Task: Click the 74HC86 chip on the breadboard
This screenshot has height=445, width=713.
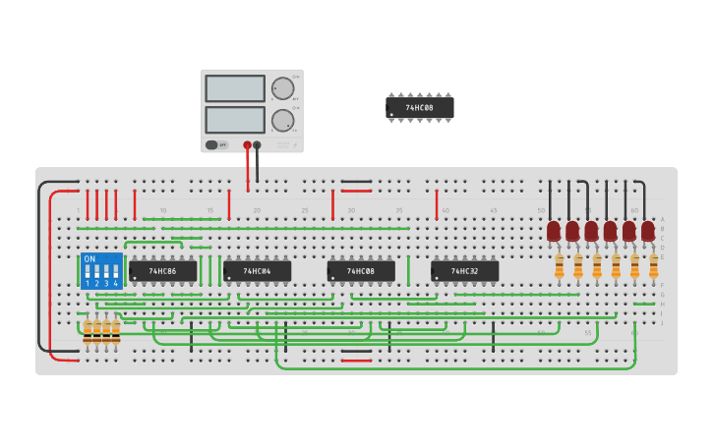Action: click(162, 271)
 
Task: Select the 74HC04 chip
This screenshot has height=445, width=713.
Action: click(257, 271)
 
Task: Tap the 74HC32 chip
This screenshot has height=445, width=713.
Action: click(464, 271)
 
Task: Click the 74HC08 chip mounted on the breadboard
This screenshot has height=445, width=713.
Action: click(361, 271)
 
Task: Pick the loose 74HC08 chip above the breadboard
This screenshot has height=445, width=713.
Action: click(420, 107)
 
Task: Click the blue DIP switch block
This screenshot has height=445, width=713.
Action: click(101, 270)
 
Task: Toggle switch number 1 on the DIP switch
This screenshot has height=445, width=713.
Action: click(88, 273)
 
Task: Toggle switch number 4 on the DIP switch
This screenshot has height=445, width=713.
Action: click(115, 273)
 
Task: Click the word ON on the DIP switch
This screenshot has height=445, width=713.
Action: click(89, 259)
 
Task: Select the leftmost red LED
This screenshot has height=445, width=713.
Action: click(554, 231)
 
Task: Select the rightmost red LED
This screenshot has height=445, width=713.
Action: click(648, 231)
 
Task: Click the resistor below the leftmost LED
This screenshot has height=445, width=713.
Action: click(559, 266)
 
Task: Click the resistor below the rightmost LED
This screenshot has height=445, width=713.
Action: click(653, 266)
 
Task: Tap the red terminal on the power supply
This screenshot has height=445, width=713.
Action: click(247, 145)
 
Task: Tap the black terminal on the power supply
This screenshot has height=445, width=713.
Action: click(257, 145)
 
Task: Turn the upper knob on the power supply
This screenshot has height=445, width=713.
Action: click(282, 88)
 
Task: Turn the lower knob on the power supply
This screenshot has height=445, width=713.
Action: click(282, 120)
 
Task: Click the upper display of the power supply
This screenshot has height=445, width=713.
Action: click(235, 88)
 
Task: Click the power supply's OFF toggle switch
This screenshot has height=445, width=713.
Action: click(211, 145)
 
